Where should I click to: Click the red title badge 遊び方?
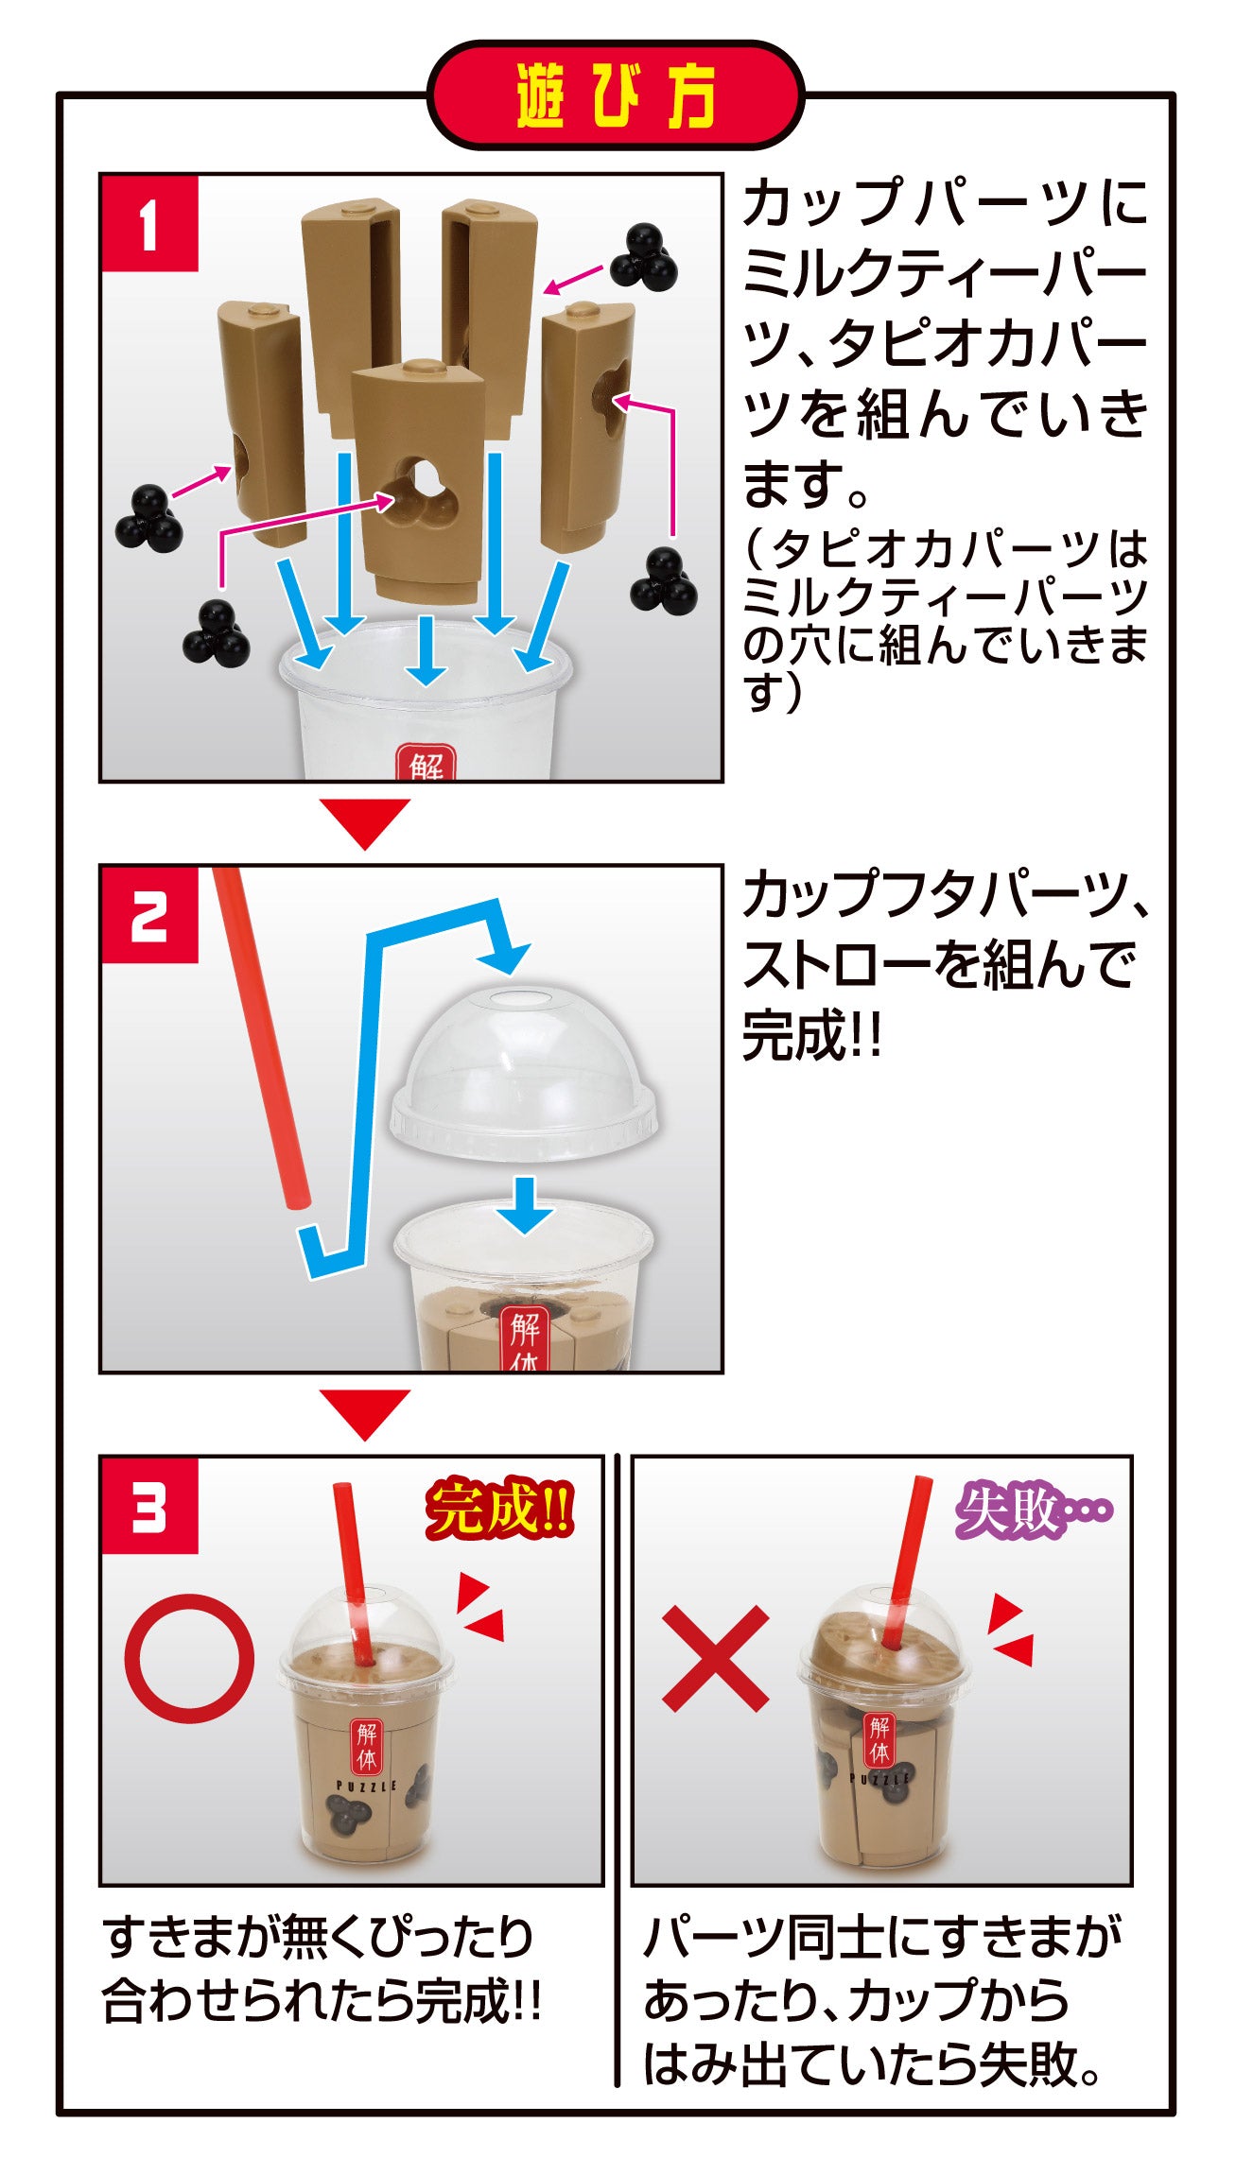click(x=615, y=95)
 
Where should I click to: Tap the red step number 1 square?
click(x=149, y=224)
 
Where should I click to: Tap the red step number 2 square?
click(x=149, y=915)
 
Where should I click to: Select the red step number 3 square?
click(x=149, y=1506)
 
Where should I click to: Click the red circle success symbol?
click(x=190, y=1659)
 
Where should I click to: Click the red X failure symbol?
click(x=715, y=1659)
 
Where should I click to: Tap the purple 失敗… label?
click(x=1031, y=1509)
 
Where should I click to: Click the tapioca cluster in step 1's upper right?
click(x=644, y=256)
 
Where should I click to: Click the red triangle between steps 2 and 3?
click(x=365, y=1412)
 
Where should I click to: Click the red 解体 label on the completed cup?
click(x=368, y=1745)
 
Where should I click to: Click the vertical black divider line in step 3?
click(x=617, y=1768)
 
